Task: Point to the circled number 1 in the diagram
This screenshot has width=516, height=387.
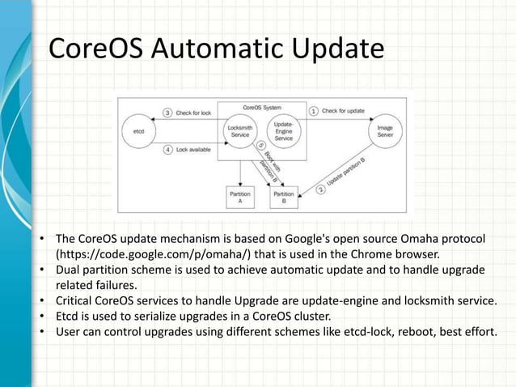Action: (314, 112)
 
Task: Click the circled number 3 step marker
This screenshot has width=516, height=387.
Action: (168, 113)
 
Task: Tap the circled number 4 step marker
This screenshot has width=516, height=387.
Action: (168, 149)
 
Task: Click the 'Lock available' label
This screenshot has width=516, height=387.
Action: (194, 149)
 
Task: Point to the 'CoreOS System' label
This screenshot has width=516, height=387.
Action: (262, 107)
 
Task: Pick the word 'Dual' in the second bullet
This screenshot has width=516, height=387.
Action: (68, 269)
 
